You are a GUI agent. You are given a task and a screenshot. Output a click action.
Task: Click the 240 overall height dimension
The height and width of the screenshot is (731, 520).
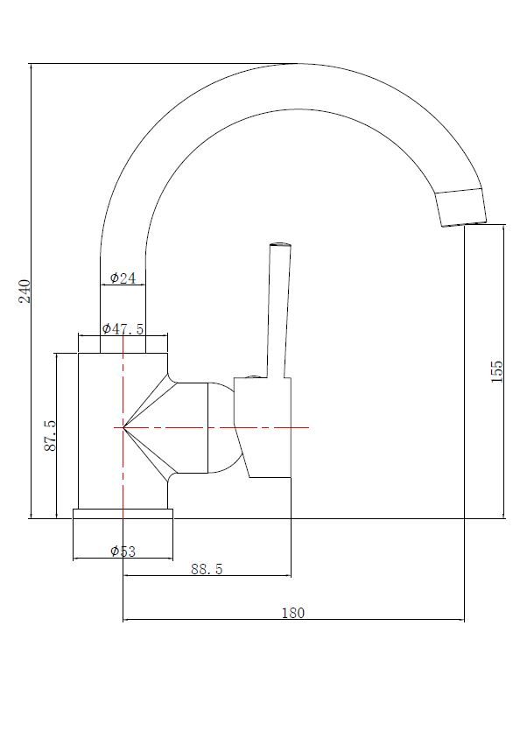25,291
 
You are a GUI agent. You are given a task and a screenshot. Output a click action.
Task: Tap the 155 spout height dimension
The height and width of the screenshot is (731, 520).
497,371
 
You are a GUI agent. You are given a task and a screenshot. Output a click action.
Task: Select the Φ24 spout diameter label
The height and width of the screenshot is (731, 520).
123,278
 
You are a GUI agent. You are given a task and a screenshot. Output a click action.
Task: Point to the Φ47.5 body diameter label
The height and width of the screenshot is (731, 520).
123,328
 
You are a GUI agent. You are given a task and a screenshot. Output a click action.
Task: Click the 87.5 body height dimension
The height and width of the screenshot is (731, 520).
50,435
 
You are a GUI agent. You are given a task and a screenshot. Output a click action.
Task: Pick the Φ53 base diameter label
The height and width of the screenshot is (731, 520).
123,552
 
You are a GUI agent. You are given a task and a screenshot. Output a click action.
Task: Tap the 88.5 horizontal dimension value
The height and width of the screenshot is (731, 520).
207,569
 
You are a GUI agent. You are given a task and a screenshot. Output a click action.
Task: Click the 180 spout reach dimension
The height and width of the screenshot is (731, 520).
293,613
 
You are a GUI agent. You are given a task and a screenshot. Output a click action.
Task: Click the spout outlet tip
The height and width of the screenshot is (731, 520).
465,224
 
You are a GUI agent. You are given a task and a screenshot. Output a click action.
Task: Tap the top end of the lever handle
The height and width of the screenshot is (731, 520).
281,244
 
